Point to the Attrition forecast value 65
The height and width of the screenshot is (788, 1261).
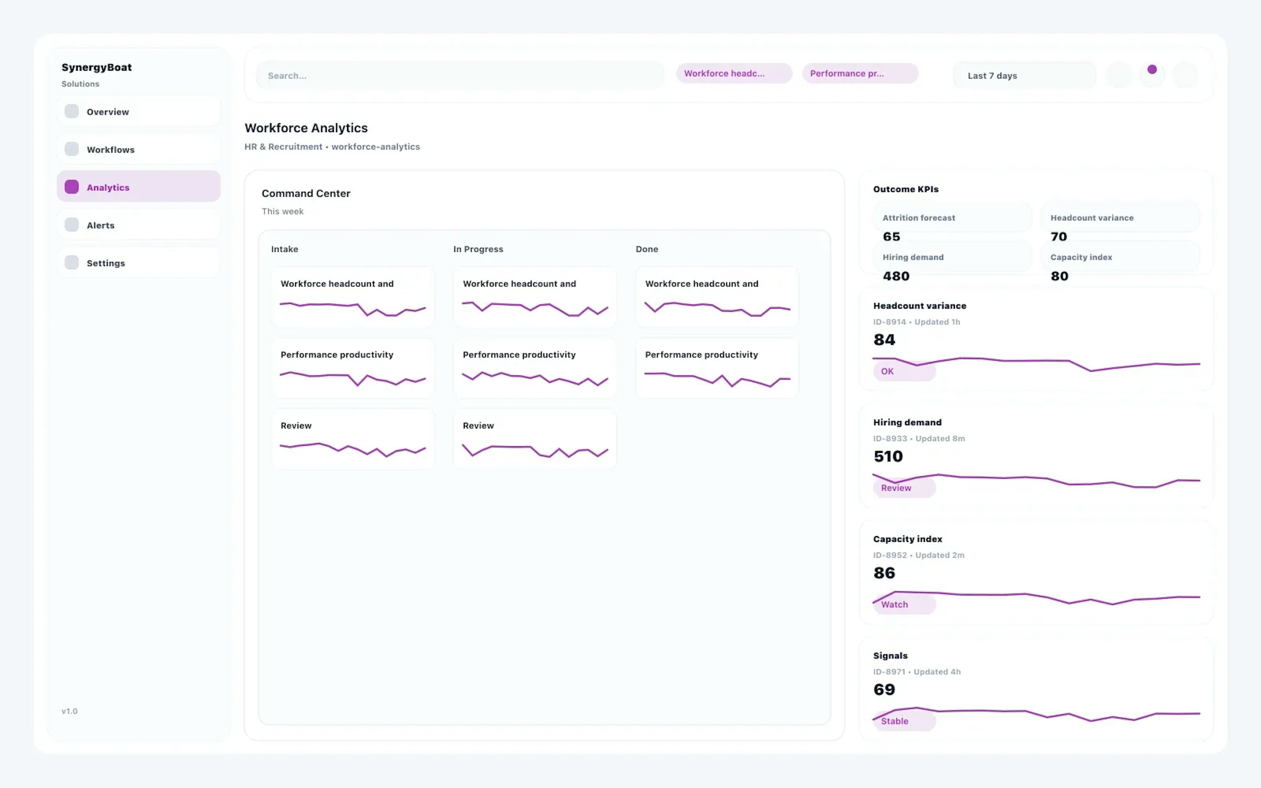892,237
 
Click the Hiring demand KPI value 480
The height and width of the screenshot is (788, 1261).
896,276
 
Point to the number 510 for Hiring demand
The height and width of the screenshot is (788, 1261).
888,456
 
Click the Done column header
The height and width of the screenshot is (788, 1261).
647,249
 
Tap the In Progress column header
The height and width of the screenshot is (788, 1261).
478,249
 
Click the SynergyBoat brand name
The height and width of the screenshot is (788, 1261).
97,67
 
